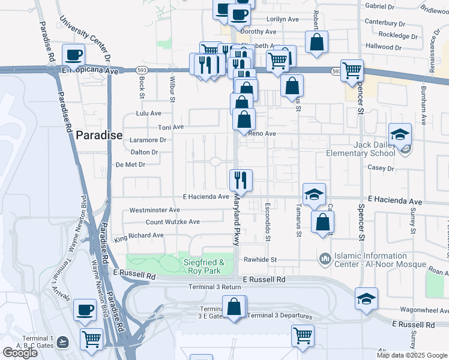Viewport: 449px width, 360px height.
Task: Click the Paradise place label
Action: pyautogui.click(x=99, y=136)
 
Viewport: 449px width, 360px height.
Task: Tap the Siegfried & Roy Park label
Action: pyautogui.click(x=203, y=266)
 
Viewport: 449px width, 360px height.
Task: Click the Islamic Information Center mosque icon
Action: pyautogui.click(x=325, y=259)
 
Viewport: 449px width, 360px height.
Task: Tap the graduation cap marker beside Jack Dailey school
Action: pyautogui.click(x=399, y=135)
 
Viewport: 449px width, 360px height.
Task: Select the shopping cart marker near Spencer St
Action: pyautogui.click(x=352, y=70)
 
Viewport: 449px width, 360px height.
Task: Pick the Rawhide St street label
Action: pyautogui.click(x=259, y=260)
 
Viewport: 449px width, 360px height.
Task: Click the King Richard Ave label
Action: pyautogui.click(x=139, y=236)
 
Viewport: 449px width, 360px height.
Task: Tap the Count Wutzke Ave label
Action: pyautogui.click(x=173, y=222)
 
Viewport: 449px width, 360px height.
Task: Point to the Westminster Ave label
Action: pyautogui.click(x=155, y=211)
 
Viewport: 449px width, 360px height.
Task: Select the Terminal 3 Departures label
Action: pyautogui.click(x=280, y=316)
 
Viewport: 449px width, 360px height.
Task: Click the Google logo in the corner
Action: pyautogui.click(x=20, y=353)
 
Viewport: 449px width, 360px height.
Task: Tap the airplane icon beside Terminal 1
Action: pyautogui.click(x=64, y=341)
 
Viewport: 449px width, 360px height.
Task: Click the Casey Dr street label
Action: pyautogui.click(x=382, y=169)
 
